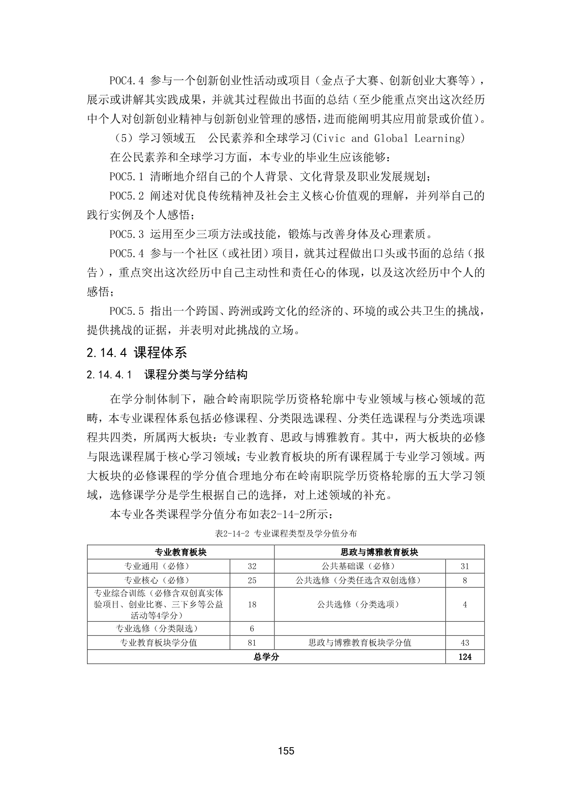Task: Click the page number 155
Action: pyautogui.click(x=286, y=751)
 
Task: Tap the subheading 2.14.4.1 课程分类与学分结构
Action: pyautogui.click(x=167, y=375)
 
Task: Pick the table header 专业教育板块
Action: pyautogui.click(x=181, y=552)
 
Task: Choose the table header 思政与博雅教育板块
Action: pyautogui.click(x=379, y=552)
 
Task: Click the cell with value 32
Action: pyautogui.click(x=252, y=566)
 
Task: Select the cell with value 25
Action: pyautogui.click(x=252, y=580)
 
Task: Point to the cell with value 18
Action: pyautogui.click(x=252, y=604)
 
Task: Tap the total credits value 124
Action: pyautogui.click(x=465, y=657)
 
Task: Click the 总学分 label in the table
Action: pyautogui.click(x=266, y=657)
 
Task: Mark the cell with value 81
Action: pyautogui.click(x=252, y=643)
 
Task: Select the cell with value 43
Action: pyautogui.click(x=465, y=643)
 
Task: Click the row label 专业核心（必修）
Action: pyautogui.click(x=158, y=580)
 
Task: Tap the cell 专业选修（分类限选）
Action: pyautogui.click(x=158, y=629)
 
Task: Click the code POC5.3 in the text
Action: pyautogui.click(x=127, y=234)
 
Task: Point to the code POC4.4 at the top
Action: pyautogui.click(x=127, y=81)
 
